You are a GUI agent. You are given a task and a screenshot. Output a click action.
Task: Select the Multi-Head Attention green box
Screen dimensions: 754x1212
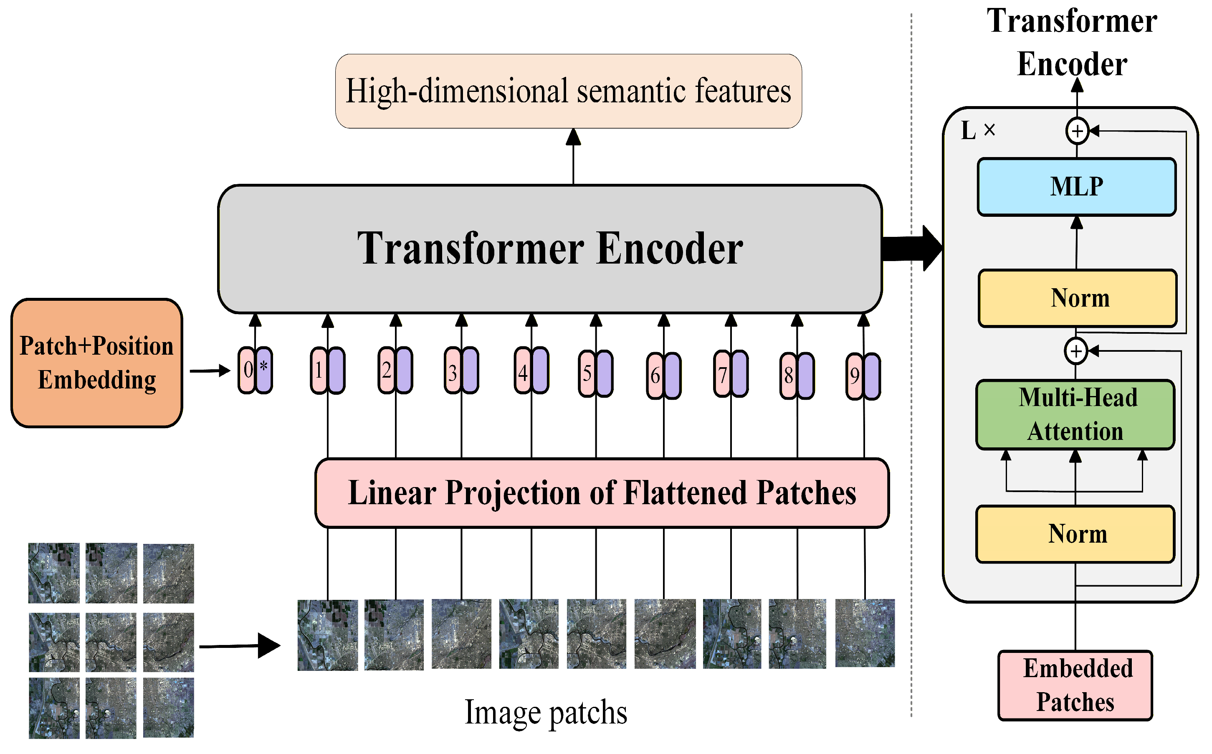click(x=1075, y=414)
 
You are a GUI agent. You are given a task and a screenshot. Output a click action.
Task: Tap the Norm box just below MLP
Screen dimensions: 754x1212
click(x=1078, y=298)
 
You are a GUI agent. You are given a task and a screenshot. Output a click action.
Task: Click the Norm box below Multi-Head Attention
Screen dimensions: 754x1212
click(x=1075, y=534)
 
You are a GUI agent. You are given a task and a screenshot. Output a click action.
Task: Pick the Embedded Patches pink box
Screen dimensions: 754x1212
click(x=1075, y=685)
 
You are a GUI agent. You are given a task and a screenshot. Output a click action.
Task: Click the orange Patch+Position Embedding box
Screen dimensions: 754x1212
click(x=97, y=363)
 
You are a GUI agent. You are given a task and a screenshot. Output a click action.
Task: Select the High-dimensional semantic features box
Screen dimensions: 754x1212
click(x=568, y=91)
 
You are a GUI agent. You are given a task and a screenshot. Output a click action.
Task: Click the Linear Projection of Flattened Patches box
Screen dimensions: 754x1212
click(x=602, y=493)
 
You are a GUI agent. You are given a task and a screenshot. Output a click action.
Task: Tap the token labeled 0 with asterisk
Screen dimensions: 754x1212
click(x=255, y=370)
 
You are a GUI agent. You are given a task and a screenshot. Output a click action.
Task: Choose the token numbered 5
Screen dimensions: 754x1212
click(x=595, y=373)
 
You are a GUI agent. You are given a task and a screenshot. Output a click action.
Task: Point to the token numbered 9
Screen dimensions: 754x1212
click(x=863, y=376)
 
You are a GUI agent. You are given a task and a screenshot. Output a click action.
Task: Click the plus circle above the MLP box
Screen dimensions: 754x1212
click(x=1077, y=131)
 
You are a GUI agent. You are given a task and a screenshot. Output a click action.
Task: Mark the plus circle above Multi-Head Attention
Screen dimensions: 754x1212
click(x=1075, y=351)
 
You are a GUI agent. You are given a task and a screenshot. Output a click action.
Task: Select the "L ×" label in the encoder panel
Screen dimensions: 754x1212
click(x=977, y=131)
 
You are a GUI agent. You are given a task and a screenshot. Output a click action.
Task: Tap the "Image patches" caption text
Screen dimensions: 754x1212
click(x=546, y=712)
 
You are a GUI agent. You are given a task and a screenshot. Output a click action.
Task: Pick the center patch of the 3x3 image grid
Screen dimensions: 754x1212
click(x=111, y=642)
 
